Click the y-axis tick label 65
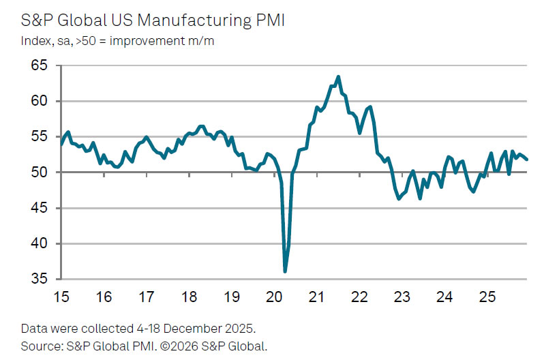42,66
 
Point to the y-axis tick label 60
42,102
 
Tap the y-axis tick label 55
42,137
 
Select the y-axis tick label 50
42,172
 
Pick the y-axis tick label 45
42,208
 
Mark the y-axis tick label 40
42,243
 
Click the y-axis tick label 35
42,279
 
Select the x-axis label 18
190,297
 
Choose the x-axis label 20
274,297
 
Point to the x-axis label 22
359,297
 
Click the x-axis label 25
487,297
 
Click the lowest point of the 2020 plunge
285,271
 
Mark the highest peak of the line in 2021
339,76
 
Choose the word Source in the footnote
39,346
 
